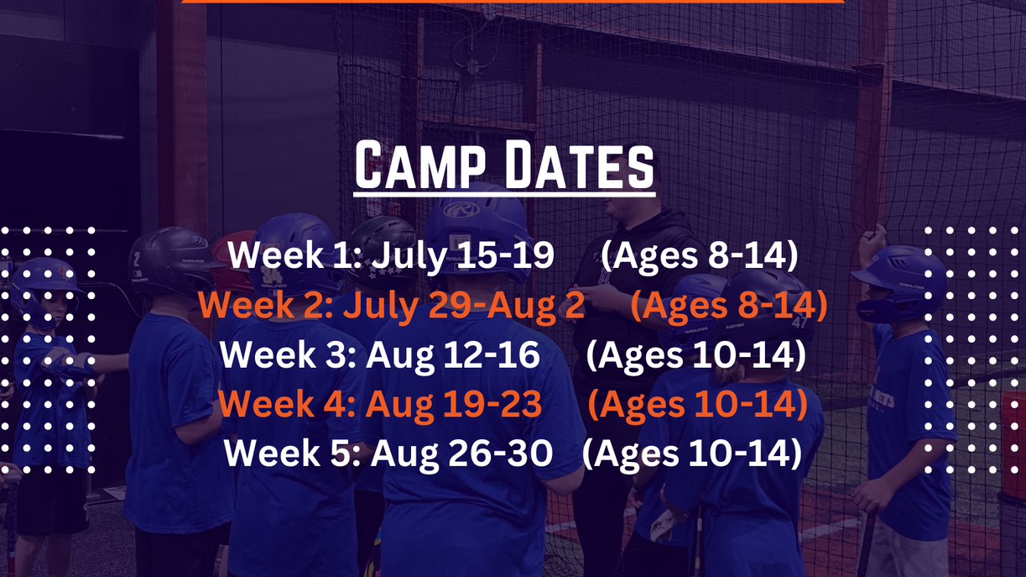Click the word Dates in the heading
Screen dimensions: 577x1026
(x=578, y=166)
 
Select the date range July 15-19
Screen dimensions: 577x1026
(x=462, y=256)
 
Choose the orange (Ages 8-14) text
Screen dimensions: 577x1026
(x=728, y=306)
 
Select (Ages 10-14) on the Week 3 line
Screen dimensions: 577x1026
(x=695, y=355)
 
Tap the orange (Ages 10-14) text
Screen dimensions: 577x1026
(x=697, y=405)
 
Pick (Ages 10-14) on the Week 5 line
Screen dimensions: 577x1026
(x=690, y=454)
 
